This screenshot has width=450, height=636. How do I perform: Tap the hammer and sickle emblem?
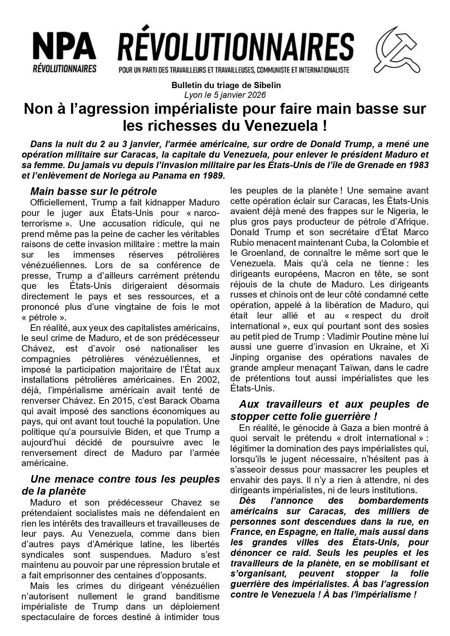tap(397, 50)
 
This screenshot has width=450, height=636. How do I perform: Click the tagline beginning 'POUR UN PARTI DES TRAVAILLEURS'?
tap(234, 69)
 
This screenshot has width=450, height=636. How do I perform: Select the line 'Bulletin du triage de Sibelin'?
tap(226, 86)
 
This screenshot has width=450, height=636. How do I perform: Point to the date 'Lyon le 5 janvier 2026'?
tap(225, 95)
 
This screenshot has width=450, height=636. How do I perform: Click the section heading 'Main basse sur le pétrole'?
tap(94, 191)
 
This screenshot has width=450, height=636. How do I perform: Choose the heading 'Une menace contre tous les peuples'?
tap(125, 479)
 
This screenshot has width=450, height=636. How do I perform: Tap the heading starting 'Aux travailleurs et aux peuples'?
tap(329, 404)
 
